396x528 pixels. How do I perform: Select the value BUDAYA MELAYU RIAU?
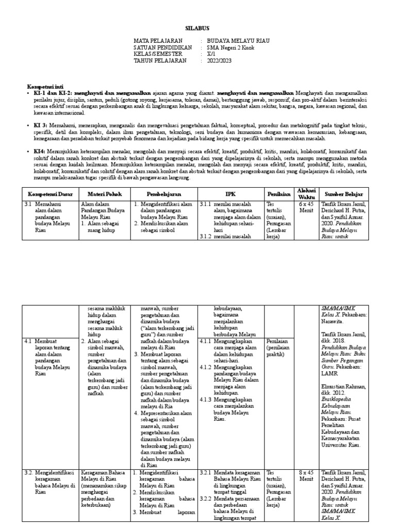click(238, 40)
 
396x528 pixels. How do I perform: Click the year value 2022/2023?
click(220, 60)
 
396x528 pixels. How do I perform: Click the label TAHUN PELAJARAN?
click(158, 60)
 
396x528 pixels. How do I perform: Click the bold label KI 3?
click(40, 125)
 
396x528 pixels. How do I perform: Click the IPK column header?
click(231, 193)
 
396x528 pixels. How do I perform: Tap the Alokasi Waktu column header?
click(306, 193)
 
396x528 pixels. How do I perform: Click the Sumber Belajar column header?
click(342, 193)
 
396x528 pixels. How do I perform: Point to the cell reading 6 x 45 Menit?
click(306, 207)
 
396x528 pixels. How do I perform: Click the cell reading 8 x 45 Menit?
click(306, 475)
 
